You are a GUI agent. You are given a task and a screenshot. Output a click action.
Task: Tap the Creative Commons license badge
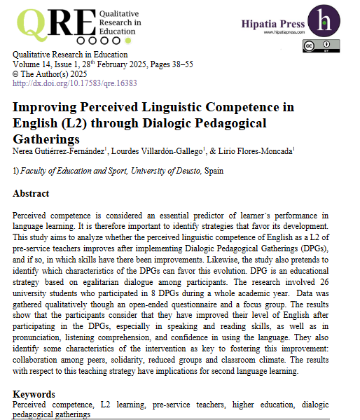(317, 46)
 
